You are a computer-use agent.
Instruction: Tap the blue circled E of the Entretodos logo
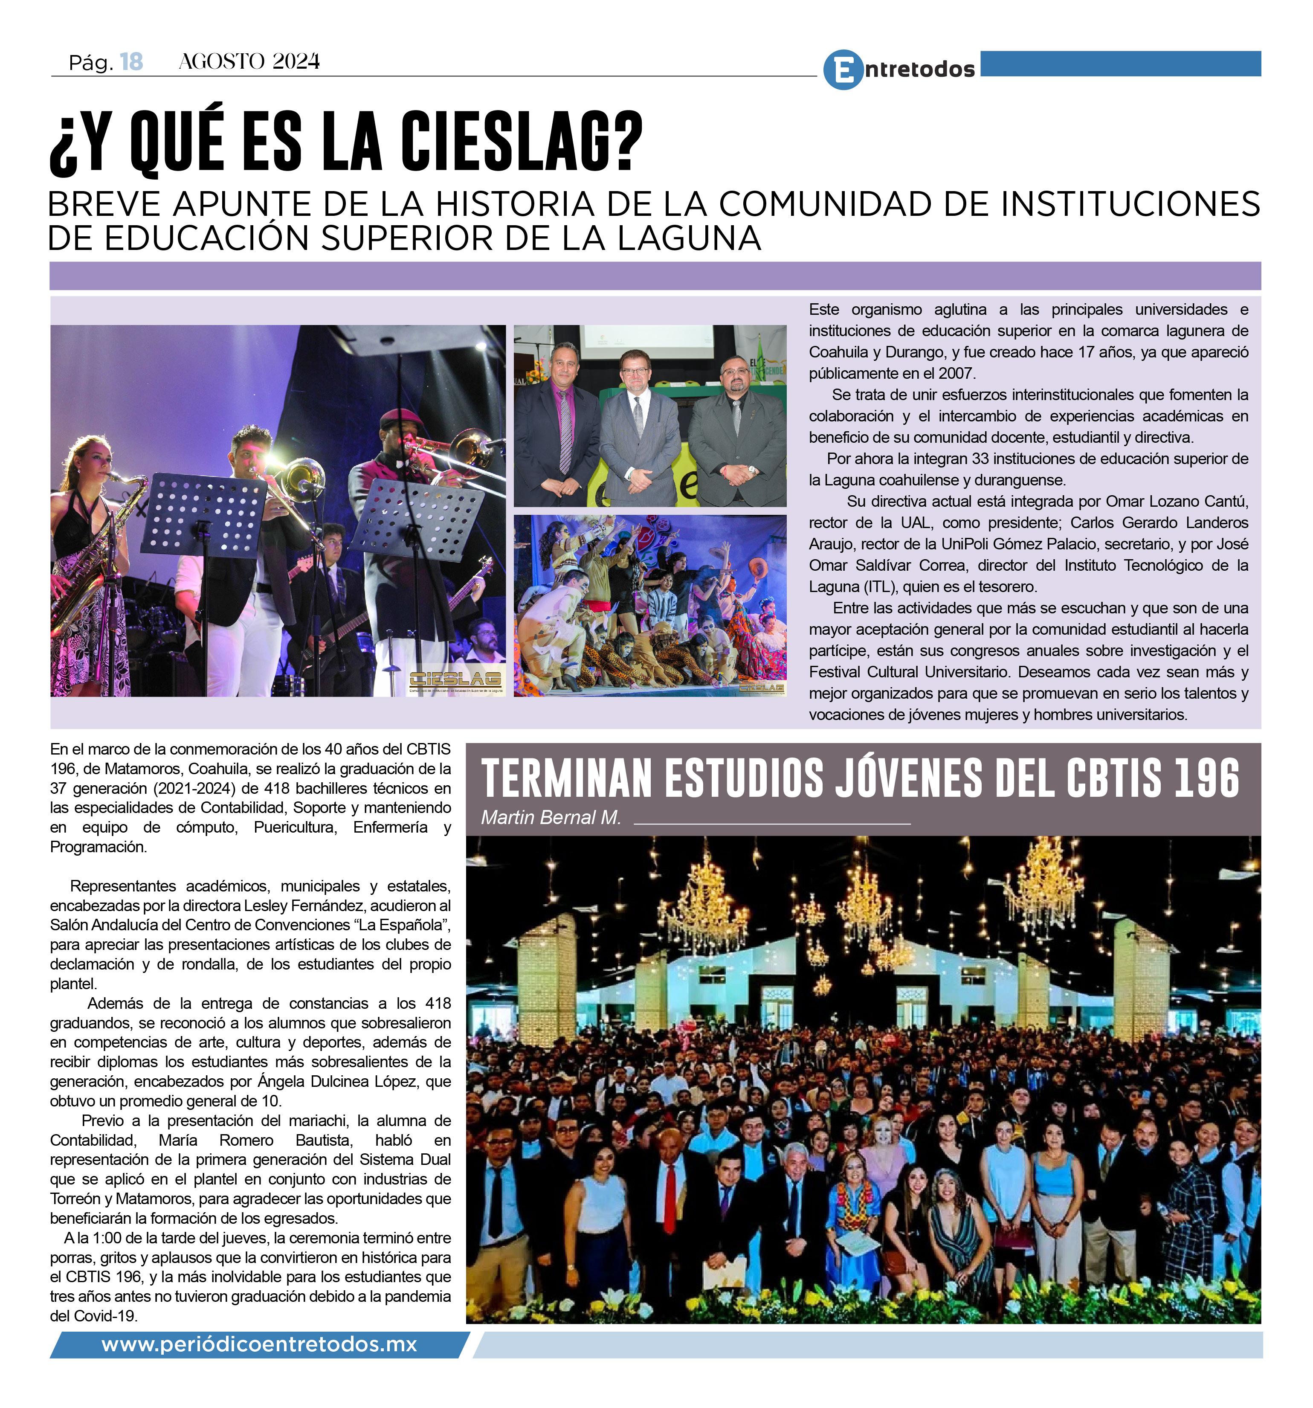[x=843, y=70]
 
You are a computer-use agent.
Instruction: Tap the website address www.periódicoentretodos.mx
[x=259, y=1344]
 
